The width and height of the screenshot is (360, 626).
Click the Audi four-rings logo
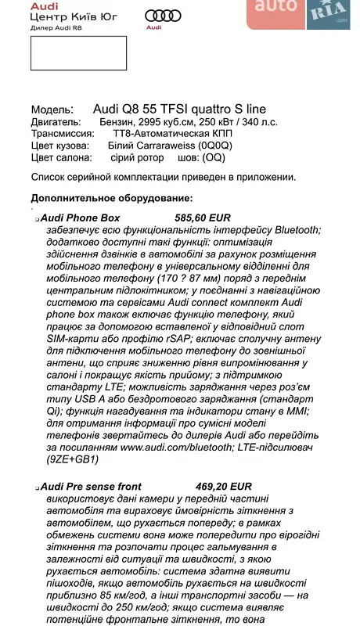164,15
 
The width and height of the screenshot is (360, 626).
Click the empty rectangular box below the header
78,52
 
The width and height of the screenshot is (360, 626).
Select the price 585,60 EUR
202,218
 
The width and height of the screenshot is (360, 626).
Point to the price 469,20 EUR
202,485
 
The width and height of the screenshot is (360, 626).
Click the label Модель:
52,110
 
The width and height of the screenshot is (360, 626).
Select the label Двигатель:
55,122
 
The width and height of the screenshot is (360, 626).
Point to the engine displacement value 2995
156,122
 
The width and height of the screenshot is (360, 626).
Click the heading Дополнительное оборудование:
111,197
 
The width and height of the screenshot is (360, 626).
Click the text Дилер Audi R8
56,27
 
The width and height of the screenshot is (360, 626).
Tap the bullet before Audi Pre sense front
37,487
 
